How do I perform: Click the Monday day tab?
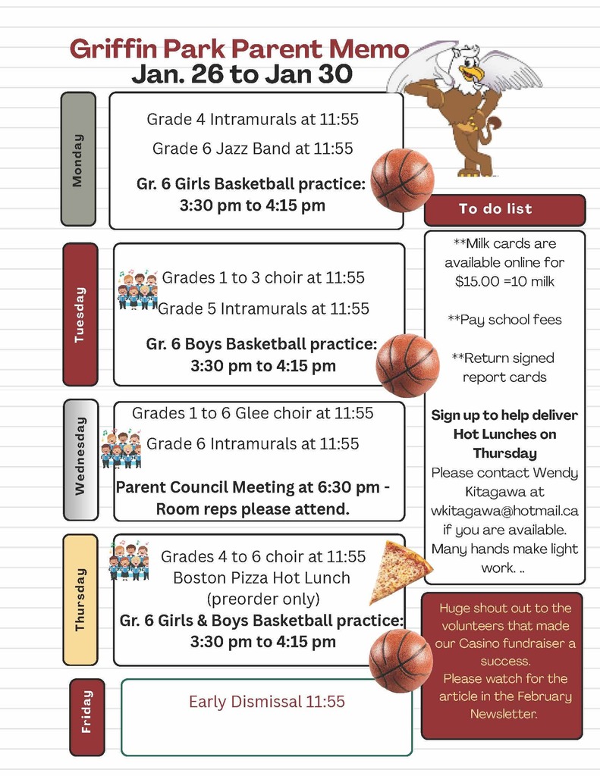78,159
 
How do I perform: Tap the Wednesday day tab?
81,460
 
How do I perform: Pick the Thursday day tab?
80,599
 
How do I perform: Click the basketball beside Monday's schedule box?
402,180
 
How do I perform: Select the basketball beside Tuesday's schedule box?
407,365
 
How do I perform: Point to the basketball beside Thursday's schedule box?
401,660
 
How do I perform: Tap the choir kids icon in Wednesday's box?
121,449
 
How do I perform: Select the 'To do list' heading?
495,209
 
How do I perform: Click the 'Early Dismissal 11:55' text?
266,702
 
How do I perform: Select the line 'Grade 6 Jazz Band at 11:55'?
253,149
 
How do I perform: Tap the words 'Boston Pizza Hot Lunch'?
262,577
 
